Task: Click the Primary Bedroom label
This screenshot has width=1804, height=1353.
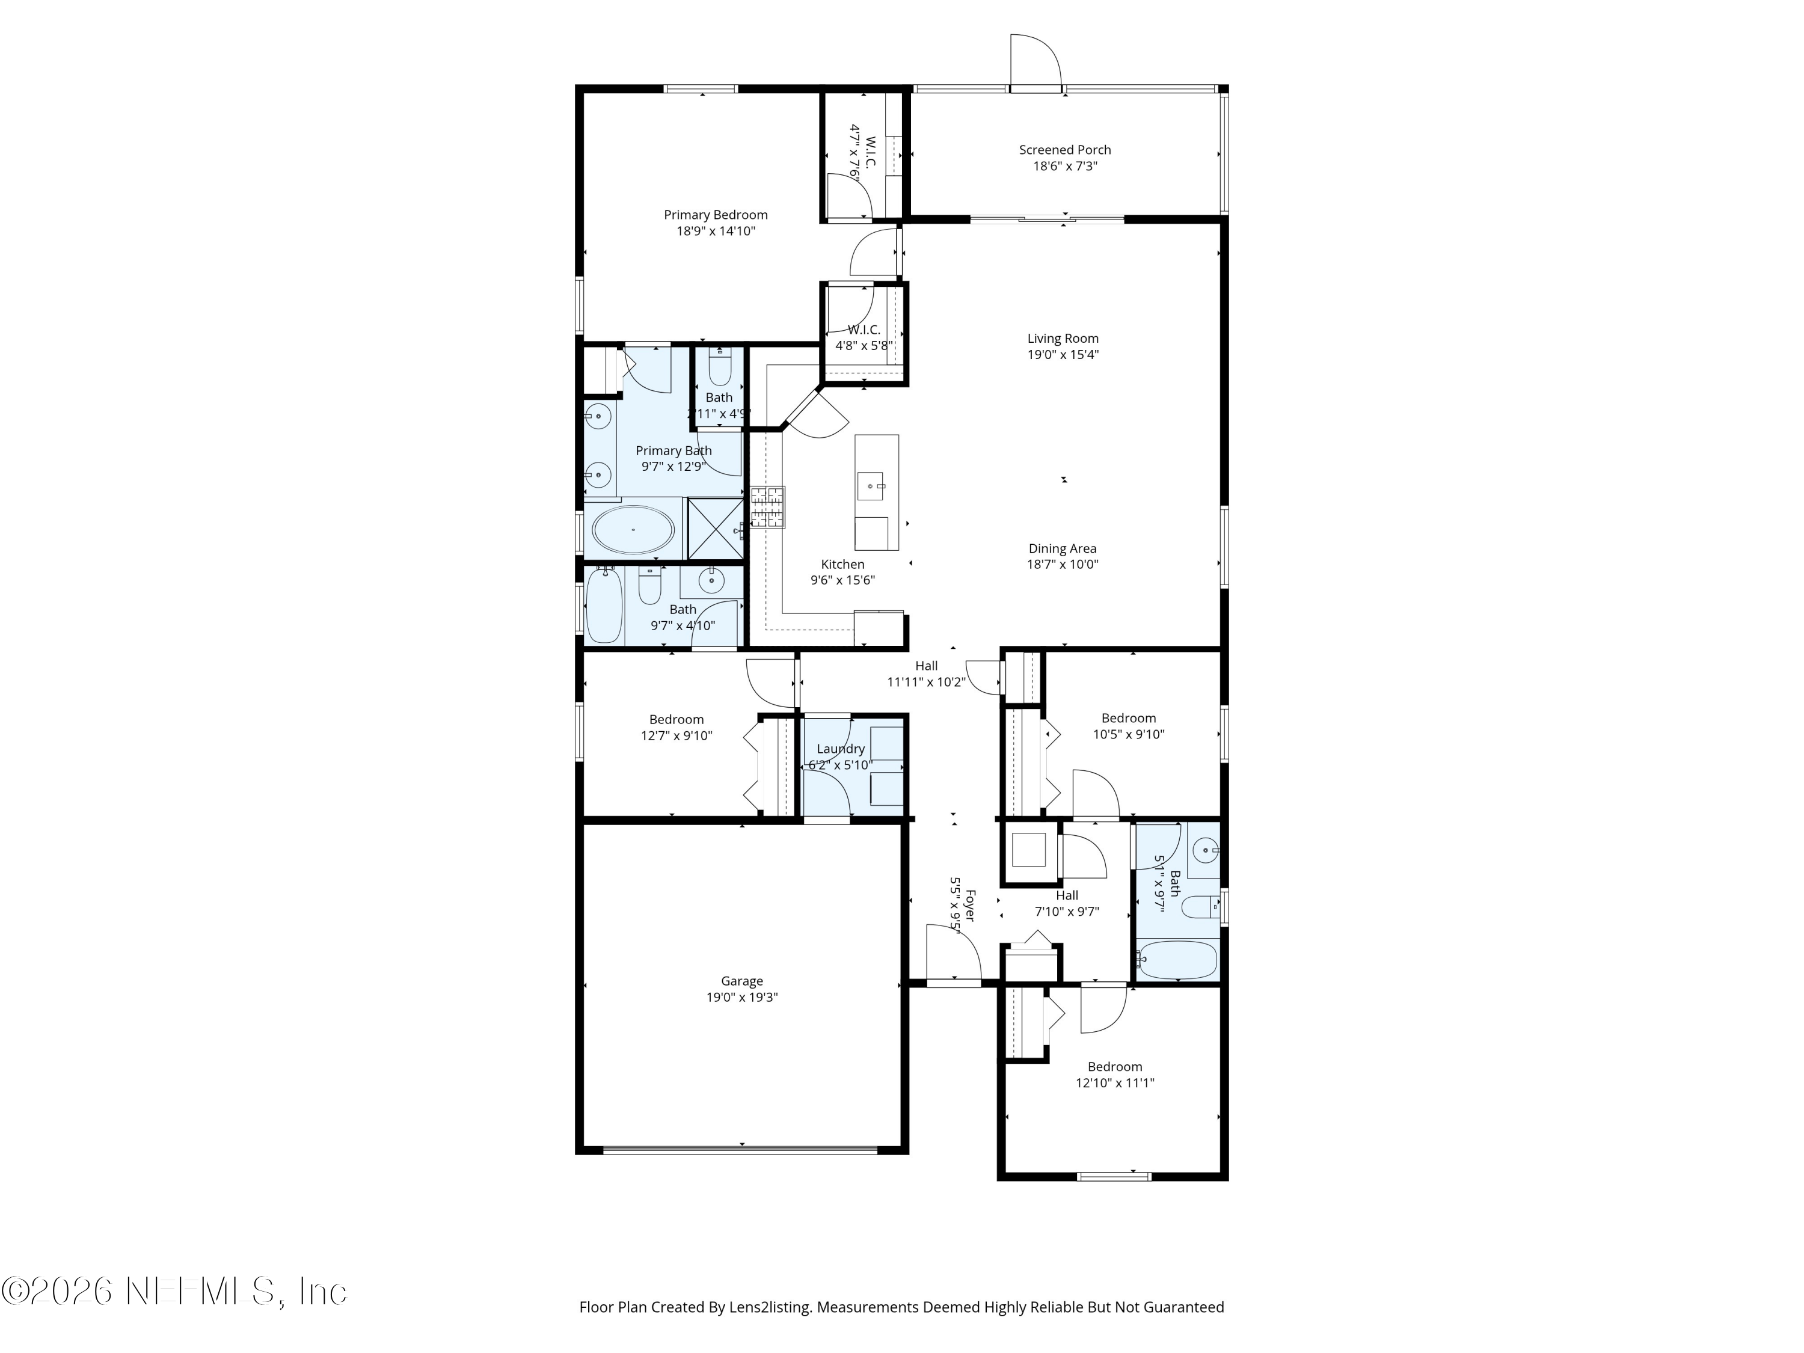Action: pos(715,215)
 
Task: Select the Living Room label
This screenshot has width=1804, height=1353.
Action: pos(1063,339)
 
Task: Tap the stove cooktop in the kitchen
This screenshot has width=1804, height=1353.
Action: pos(767,508)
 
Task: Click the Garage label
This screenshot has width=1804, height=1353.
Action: pos(741,981)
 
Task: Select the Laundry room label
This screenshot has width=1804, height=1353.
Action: pos(840,749)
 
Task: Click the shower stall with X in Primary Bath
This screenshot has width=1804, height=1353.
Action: pos(715,529)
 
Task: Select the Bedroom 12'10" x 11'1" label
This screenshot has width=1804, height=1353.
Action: pos(1114,1067)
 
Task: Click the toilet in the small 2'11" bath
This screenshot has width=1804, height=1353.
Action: pos(719,369)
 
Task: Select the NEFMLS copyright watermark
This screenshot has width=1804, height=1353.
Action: pos(174,1291)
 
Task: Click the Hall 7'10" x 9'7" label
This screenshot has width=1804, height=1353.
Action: pos(1067,895)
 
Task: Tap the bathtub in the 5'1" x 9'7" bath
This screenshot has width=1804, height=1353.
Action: pos(1177,959)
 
